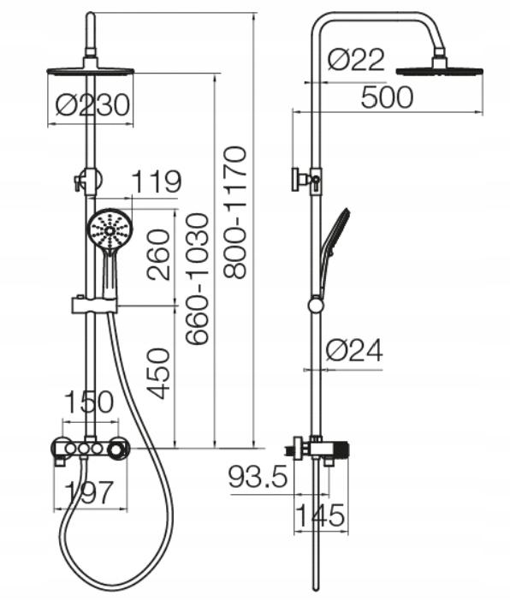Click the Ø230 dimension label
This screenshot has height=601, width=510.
click(92, 104)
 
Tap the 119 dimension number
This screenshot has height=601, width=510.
click(157, 181)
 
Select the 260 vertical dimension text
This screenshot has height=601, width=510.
click(158, 255)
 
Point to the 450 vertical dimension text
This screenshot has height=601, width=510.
click(158, 373)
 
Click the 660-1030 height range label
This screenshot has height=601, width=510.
click(197, 279)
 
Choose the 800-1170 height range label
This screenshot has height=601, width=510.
click(234, 212)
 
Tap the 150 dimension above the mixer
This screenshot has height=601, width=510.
click(89, 402)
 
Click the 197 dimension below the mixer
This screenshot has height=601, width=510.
click(89, 491)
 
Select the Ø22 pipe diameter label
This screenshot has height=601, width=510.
click(356, 60)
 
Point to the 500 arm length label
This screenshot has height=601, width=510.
click(387, 97)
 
